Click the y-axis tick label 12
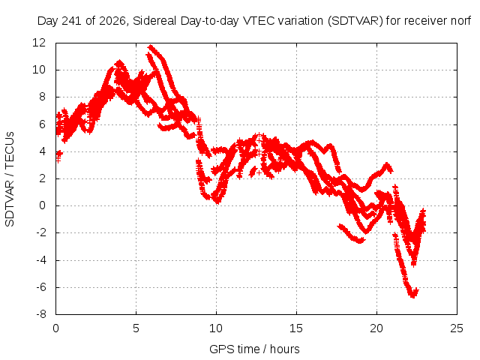pyautogui.click(x=39, y=43)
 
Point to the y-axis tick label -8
pyautogui.click(x=41, y=314)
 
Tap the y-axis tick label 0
pyautogui.click(x=42, y=205)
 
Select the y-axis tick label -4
pyautogui.click(x=41, y=260)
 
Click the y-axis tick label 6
pyautogui.click(x=42, y=124)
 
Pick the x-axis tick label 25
pyautogui.click(x=457, y=328)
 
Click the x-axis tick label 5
pyautogui.click(x=136, y=328)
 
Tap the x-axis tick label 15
pyautogui.click(x=296, y=328)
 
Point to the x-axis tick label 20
pyautogui.click(x=376, y=328)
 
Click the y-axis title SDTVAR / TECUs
pyautogui.click(x=10, y=179)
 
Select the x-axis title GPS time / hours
pyautogui.click(x=254, y=349)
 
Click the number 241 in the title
pyautogui.click(x=72, y=21)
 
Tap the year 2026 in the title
pyautogui.click(x=112, y=21)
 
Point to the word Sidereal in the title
pyautogui.click(x=154, y=21)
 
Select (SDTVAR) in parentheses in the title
pyautogui.click(x=355, y=21)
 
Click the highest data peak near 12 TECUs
pyautogui.click(x=150, y=46)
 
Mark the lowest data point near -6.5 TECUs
pyautogui.click(x=413, y=295)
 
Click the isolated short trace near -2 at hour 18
pyautogui.click(x=351, y=234)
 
